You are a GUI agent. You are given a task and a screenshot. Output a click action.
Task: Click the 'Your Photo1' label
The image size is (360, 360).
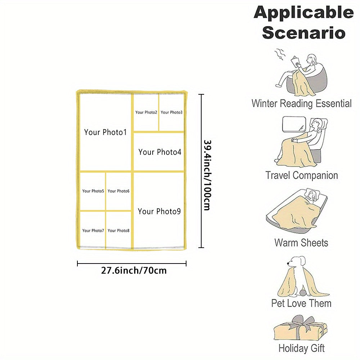click(x=105, y=132)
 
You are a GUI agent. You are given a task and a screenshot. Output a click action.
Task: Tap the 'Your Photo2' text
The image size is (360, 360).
click(x=146, y=112)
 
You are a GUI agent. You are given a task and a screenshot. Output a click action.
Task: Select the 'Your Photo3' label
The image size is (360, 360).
click(x=171, y=112)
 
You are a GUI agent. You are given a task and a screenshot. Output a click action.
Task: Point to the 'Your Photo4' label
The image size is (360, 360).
click(x=160, y=152)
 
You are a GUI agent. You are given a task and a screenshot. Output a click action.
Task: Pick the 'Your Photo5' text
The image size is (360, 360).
click(x=93, y=191)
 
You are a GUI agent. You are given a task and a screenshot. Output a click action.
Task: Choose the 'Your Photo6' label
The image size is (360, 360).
click(x=118, y=191)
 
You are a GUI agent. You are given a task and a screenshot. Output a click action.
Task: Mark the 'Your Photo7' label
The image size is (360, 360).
click(x=93, y=231)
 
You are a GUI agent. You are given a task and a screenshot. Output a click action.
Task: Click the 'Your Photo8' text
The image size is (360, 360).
click(x=118, y=231)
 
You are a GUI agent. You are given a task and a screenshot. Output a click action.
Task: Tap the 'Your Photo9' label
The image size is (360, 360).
click(x=159, y=211)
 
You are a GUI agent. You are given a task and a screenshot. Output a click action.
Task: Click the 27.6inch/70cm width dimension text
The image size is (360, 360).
click(x=134, y=270)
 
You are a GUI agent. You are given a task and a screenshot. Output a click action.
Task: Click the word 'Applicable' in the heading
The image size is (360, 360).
click(x=303, y=13)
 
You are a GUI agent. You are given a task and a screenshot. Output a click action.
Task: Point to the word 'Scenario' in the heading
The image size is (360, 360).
click(x=303, y=32)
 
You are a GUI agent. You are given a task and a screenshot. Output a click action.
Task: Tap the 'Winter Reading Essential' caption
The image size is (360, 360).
click(x=301, y=104)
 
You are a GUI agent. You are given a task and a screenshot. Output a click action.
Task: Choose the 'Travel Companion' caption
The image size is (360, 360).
click(x=301, y=176)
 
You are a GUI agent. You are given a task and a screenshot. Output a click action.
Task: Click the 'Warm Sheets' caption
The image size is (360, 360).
click(x=301, y=242)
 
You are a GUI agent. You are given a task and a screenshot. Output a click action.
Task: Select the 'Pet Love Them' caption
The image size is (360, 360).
click(x=301, y=303)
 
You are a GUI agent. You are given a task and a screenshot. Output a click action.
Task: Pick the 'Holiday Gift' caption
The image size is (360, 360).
click(x=301, y=348)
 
